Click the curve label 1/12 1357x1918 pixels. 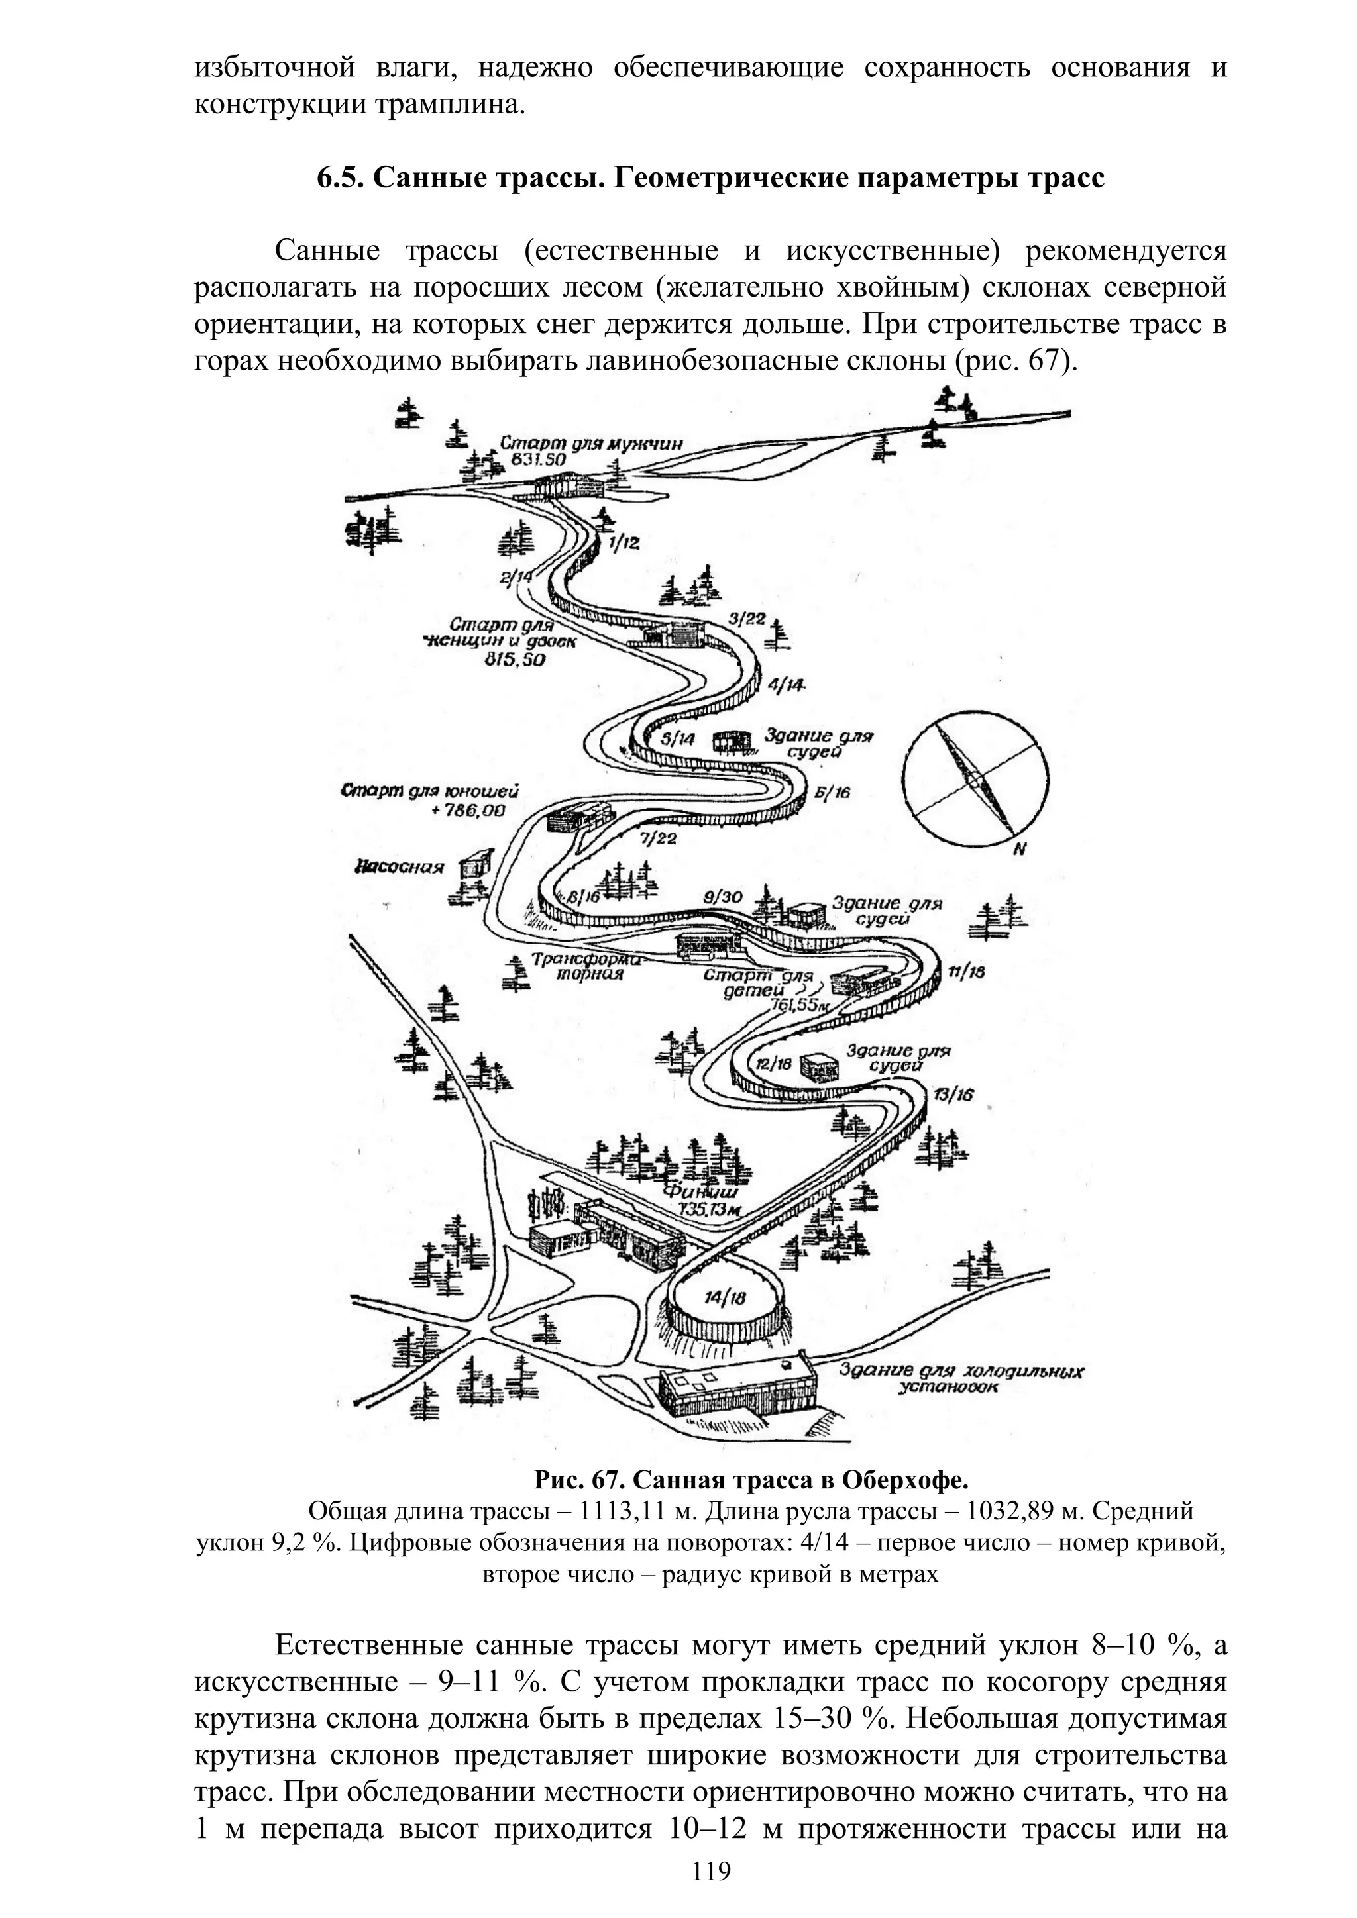[624, 544]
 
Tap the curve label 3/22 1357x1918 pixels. [746, 619]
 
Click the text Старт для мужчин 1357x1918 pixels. [592, 444]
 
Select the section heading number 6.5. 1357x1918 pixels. [339, 178]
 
